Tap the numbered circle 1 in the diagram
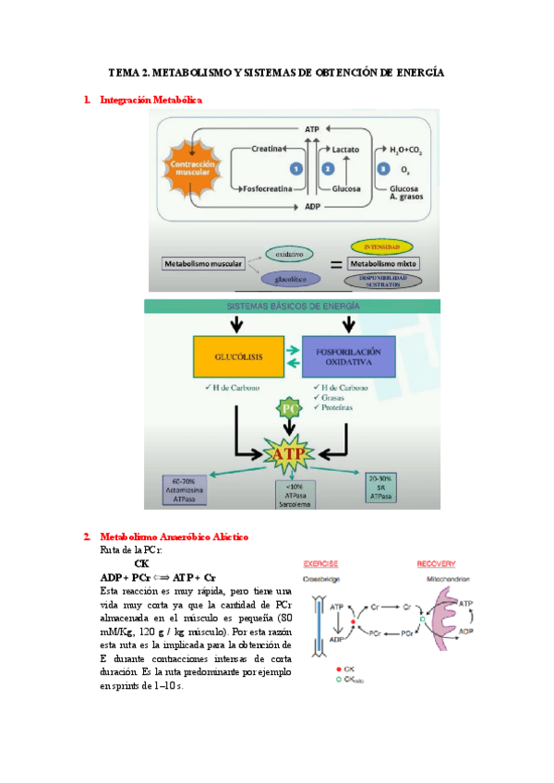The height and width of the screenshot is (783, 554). [x=295, y=170]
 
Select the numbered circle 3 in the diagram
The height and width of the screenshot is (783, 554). [x=382, y=169]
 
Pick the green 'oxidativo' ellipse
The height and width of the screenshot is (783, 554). [x=288, y=252]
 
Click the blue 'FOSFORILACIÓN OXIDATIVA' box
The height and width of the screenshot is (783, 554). [x=350, y=358]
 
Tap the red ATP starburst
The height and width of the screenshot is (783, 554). [x=289, y=453]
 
